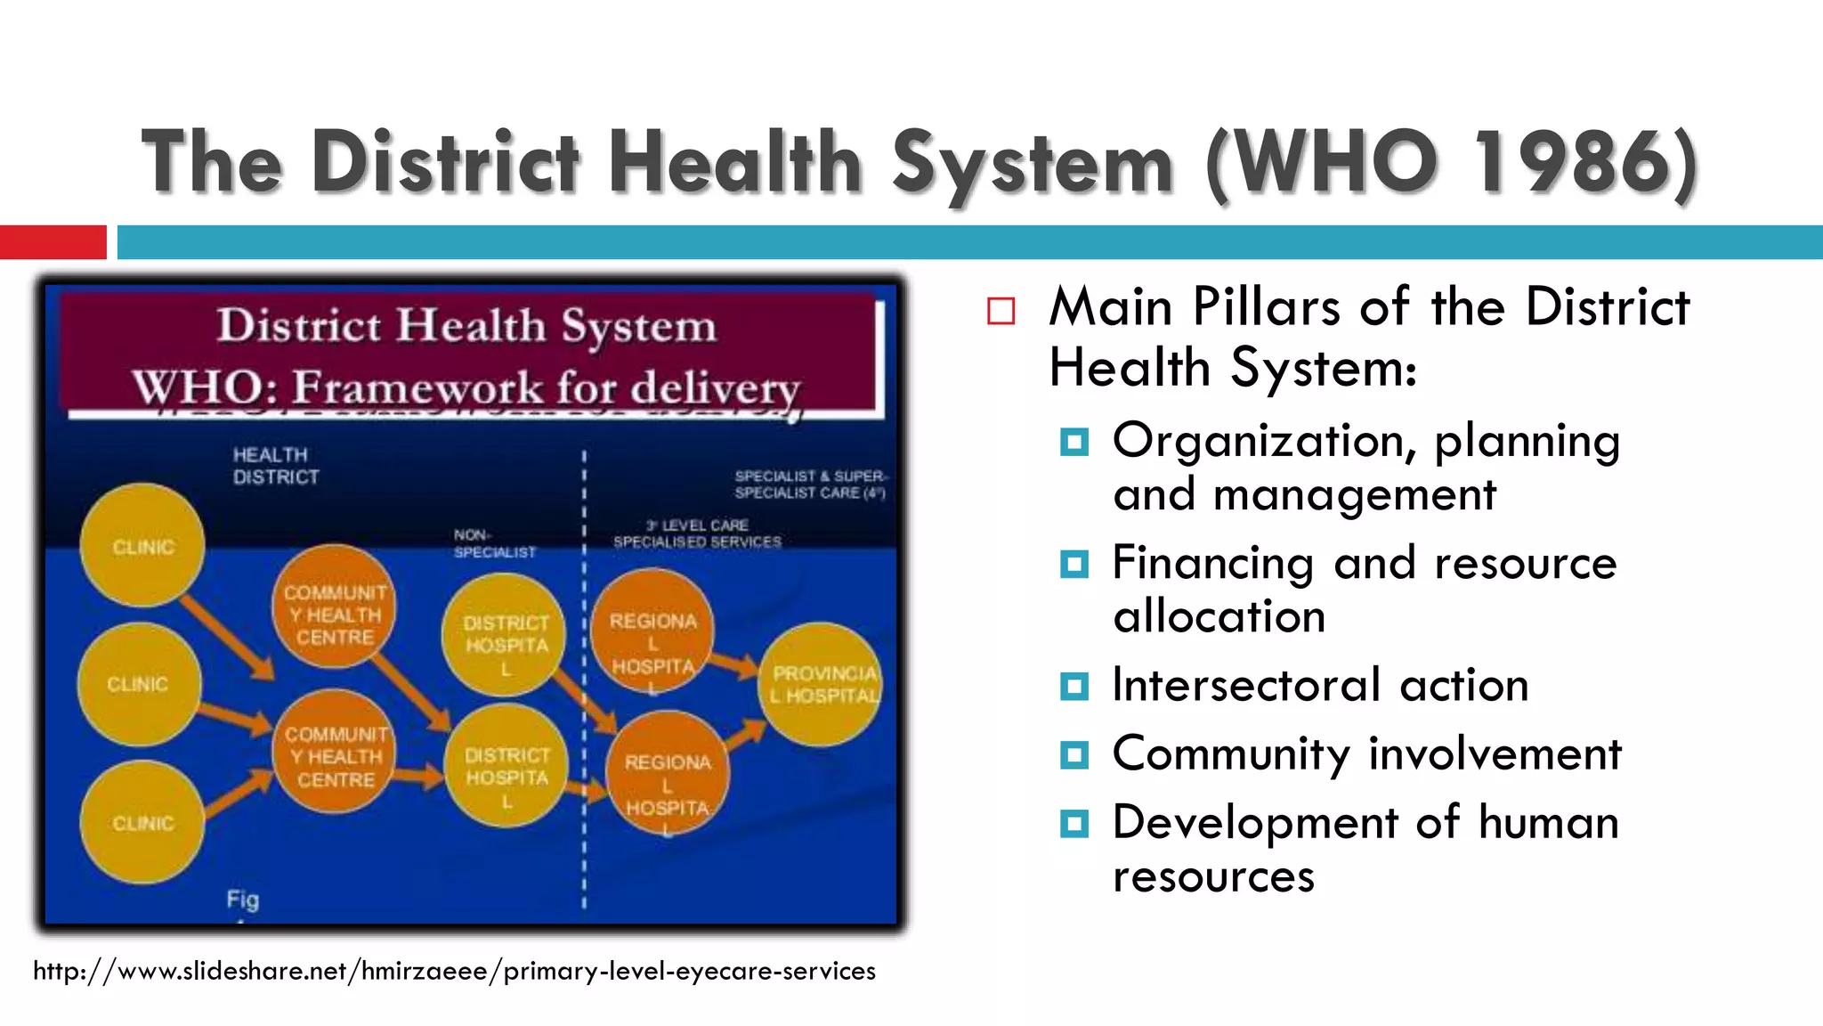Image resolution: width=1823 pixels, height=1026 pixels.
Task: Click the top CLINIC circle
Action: [x=142, y=545]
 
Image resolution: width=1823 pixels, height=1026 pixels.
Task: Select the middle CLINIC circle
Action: [x=139, y=684]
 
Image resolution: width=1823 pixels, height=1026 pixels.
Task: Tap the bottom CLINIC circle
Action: [x=142, y=822]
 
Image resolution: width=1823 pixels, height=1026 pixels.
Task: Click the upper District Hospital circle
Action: [x=505, y=635]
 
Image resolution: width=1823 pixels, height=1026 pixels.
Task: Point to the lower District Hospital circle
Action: [x=506, y=766]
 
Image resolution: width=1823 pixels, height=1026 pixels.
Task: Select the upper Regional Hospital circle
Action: [x=652, y=631]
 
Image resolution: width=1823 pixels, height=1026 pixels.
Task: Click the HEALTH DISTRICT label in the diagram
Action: [x=275, y=466]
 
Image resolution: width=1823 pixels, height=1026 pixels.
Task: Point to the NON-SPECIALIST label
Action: [x=494, y=543]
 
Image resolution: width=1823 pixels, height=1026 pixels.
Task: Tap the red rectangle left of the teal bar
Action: [x=53, y=242]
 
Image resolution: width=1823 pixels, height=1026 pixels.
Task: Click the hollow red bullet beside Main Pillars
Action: [x=1001, y=311]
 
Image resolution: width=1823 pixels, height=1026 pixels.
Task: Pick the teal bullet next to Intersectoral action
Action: [x=1074, y=687]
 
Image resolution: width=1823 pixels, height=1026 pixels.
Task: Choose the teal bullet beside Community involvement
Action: [x=1074, y=755]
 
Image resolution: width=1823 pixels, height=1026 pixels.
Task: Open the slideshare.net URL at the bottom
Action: [x=454, y=971]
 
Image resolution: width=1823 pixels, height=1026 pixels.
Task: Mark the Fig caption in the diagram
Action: [x=242, y=900]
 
